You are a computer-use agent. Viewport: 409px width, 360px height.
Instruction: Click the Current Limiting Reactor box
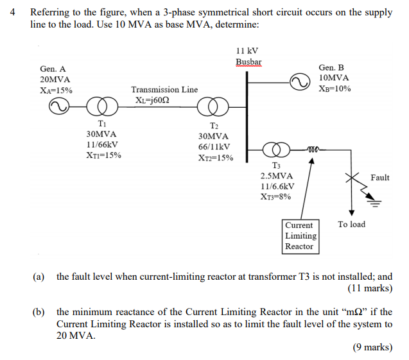click(x=299, y=236)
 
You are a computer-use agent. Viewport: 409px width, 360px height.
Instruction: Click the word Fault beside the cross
click(x=379, y=177)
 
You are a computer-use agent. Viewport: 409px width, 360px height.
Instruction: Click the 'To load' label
click(x=351, y=224)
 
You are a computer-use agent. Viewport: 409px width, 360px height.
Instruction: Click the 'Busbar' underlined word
click(x=248, y=62)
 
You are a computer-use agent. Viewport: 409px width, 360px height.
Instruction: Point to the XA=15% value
click(x=56, y=90)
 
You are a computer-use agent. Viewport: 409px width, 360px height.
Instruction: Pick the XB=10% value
click(x=335, y=89)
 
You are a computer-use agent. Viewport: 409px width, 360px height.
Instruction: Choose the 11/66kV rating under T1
click(x=101, y=145)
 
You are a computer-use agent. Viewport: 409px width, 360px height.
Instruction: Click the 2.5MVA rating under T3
click(x=277, y=176)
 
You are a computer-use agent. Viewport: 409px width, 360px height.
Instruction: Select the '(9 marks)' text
click(x=372, y=347)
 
